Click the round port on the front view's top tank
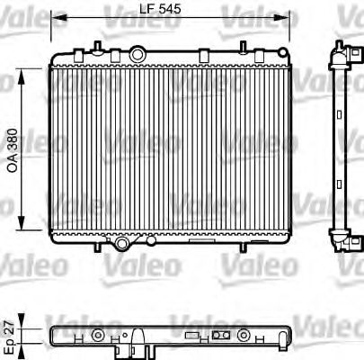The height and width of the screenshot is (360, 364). pos(137,57)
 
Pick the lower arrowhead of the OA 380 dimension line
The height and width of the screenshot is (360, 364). pos(20,232)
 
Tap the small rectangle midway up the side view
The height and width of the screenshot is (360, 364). pos(342,149)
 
